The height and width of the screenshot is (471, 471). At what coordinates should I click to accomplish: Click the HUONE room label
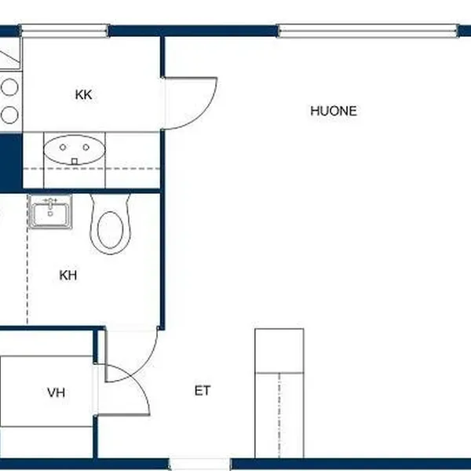coord(334,111)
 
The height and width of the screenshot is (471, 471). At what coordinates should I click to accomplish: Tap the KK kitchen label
coord(83,95)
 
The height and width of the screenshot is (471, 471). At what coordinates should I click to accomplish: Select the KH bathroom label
coord(68,276)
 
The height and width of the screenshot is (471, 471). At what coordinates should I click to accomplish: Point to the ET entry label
coord(203,391)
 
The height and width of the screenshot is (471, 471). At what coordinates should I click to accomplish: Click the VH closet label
coord(57,392)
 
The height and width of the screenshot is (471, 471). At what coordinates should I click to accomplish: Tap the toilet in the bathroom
coord(110,224)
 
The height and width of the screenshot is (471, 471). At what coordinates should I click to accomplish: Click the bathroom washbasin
coord(50,212)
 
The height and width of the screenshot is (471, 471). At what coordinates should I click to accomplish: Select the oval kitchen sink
coord(75,150)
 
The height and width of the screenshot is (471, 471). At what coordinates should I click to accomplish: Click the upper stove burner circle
coord(9,87)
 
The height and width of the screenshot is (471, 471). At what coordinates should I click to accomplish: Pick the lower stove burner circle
coord(9,115)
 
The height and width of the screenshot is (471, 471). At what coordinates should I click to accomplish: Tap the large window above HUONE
coord(368,31)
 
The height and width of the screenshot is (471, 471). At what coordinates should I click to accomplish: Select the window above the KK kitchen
coord(64,31)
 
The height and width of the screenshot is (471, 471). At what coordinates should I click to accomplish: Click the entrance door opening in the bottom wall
coord(199,465)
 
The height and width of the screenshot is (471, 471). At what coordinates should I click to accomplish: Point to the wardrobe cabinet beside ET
coord(279,393)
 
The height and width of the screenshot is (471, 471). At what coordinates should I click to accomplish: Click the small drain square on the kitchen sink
coord(75,162)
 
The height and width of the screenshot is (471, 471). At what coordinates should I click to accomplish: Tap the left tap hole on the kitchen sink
coord(63,148)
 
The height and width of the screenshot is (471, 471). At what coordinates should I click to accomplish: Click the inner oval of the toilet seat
coord(110,230)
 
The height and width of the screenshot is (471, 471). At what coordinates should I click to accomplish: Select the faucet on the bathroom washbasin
coord(50,202)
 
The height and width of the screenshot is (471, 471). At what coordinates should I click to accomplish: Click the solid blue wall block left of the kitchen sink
coord(11,162)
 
